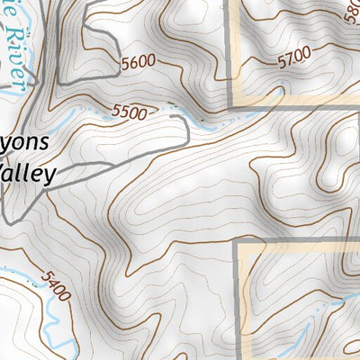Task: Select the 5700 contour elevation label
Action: [294, 60]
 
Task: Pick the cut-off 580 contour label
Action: [353, 14]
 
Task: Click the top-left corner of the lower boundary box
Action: [238, 241]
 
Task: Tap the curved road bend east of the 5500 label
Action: [185, 130]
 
